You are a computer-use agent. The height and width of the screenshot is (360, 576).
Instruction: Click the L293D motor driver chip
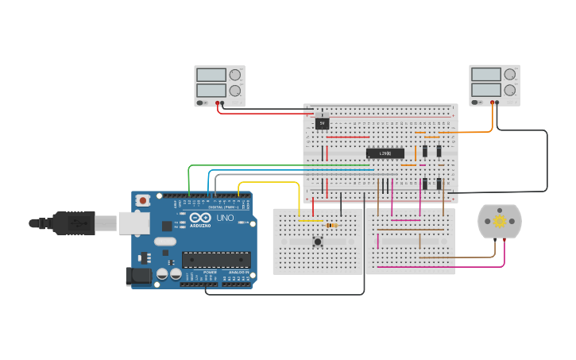(385, 153)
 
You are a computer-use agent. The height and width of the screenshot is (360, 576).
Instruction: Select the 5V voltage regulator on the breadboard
(322, 123)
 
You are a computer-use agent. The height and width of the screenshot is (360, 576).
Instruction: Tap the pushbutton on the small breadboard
(318, 242)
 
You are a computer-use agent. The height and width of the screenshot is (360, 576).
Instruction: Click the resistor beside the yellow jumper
(331, 225)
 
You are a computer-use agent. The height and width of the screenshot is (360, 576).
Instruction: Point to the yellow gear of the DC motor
(499, 222)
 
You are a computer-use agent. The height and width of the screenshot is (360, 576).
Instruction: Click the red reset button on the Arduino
(143, 200)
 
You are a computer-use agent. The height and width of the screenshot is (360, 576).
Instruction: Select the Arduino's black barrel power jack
(137, 277)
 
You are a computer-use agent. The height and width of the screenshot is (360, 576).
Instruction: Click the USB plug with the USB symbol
(75, 223)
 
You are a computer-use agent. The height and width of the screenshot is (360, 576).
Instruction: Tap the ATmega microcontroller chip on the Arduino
(216, 259)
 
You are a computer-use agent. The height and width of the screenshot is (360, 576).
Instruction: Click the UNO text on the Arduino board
(225, 218)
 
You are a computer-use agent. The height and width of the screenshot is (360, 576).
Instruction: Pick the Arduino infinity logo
(199, 218)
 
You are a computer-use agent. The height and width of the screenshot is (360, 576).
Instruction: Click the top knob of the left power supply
(234, 75)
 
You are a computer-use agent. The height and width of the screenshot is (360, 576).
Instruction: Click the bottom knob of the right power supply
(509, 90)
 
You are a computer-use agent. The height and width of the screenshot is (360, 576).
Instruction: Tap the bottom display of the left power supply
(211, 90)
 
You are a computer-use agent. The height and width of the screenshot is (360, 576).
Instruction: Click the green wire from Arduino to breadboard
(238, 166)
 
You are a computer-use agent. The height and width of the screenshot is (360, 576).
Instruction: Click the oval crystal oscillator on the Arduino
(164, 241)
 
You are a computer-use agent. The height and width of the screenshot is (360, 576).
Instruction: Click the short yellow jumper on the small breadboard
(310, 221)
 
